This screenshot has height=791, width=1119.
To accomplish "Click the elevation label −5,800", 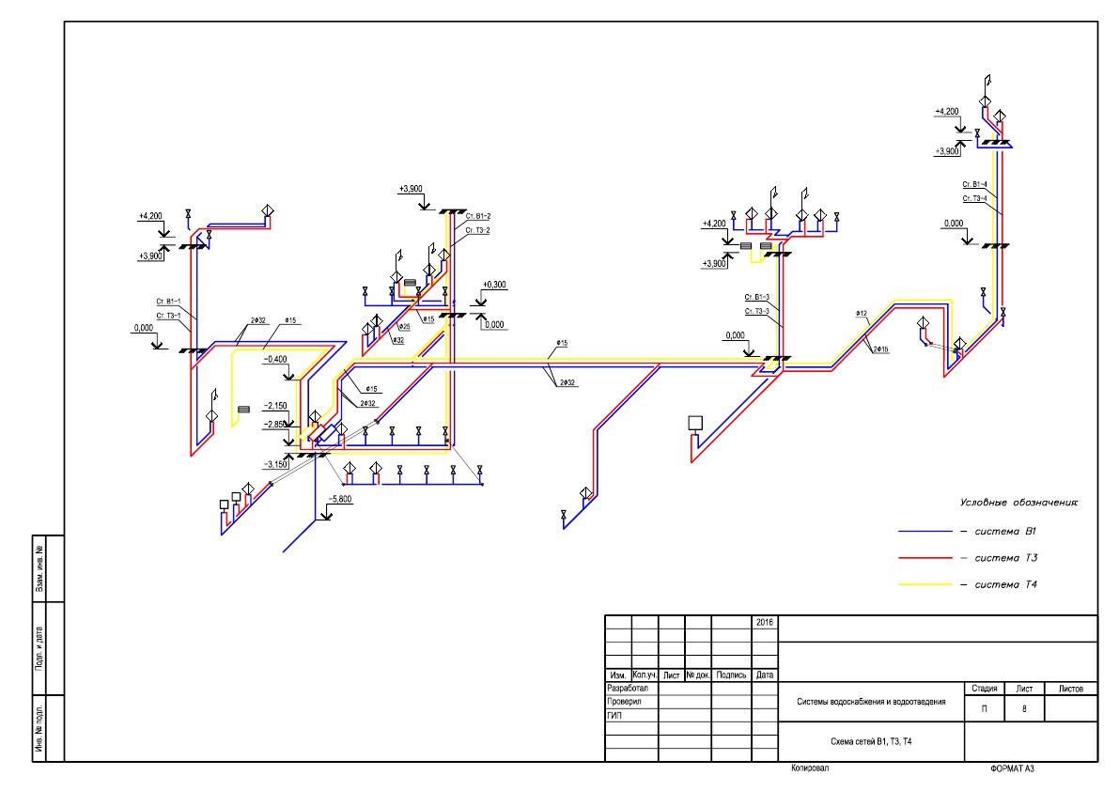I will coord(340,499).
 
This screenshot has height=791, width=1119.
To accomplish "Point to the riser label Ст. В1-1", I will coord(169,302).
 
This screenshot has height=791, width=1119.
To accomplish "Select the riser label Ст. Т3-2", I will coord(477,229).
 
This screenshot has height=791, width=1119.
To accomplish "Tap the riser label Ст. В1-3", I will coord(757,297).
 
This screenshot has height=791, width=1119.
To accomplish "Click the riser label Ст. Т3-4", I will coord(974,198).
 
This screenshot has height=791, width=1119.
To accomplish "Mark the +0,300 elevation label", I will coord(494,285).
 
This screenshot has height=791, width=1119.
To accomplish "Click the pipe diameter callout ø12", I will coord(861,313).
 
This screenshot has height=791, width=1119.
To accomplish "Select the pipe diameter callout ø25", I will coord(404,326).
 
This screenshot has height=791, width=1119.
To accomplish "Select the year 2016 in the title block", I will coord(765,622).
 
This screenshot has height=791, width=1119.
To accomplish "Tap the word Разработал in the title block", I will coord(629,689).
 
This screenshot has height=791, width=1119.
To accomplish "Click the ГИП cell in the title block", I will coord(616,715).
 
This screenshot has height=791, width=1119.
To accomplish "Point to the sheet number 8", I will coord(1024,708).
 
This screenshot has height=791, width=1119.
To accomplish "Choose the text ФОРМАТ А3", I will coord(1011,768).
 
